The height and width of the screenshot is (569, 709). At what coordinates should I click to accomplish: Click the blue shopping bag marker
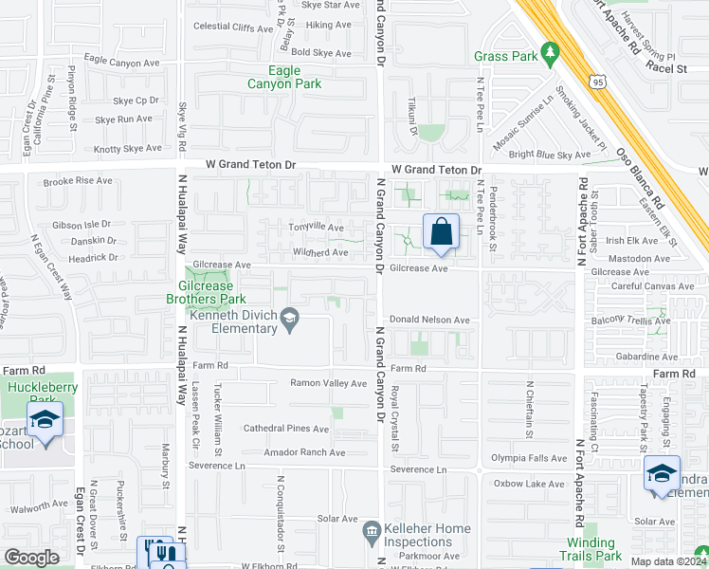tap(442, 231)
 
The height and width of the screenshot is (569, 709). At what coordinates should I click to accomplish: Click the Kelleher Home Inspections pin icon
tap(372, 530)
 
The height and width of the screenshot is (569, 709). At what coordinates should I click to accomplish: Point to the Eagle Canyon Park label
tap(284, 77)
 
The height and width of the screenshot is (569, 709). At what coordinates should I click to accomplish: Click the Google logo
tap(32, 558)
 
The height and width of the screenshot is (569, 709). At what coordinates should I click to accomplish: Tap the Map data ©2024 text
tap(667, 561)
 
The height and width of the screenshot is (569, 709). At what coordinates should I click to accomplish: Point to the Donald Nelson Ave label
tap(429, 321)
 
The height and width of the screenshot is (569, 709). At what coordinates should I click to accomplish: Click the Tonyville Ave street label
tap(318, 228)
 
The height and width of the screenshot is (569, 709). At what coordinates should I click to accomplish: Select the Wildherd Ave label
tap(321, 252)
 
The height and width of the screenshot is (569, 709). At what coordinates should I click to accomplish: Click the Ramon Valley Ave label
tap(328, 383)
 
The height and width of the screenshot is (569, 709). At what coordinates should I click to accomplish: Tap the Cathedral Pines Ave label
tap(285, 429)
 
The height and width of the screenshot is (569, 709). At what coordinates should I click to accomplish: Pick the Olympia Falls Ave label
tap(529, 458)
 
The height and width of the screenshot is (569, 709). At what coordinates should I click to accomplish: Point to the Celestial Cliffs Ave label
tap(233, 28)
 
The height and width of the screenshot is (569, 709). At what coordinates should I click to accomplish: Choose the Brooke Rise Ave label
tap(78, 180)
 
